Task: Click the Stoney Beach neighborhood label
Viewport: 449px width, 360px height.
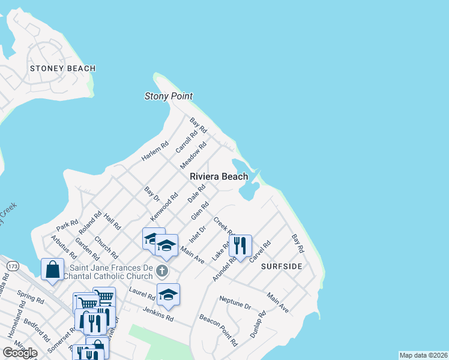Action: tap(62, 68)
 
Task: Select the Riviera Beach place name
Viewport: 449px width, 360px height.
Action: tap(218, 176)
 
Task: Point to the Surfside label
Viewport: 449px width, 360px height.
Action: tap(282, 266)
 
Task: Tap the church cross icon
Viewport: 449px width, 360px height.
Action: tap(161, 271)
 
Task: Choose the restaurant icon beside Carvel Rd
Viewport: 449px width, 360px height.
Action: tap(240, 246)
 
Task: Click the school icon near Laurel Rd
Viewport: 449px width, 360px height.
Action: tap(168, 293)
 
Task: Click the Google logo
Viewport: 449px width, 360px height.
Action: tap(20, 353)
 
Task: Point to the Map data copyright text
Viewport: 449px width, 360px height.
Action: tap(423, 355)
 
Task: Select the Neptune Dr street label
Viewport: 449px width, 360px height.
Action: tap(235, 302)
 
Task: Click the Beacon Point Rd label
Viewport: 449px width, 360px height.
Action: tap(218, 331)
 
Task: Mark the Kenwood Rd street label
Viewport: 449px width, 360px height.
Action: tap(164, 206)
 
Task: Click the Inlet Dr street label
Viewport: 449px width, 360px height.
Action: tap(197, 233)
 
